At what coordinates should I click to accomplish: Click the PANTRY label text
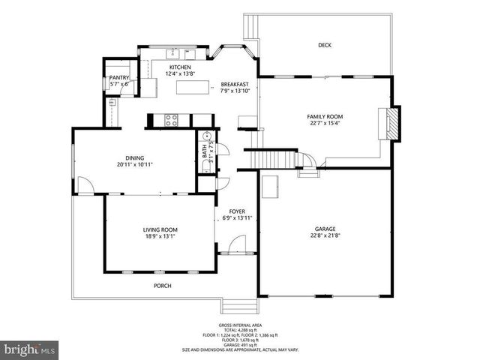[119, 77]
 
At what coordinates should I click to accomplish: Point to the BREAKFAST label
[235, 84]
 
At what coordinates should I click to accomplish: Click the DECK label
[324, 45]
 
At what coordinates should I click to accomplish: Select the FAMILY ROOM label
[325, 117]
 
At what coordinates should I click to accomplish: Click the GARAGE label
[325, 229]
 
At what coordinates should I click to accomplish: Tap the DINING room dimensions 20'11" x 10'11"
[135, 165]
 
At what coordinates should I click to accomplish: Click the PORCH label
[162, 286]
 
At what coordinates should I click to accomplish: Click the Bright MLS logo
[29, 349]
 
